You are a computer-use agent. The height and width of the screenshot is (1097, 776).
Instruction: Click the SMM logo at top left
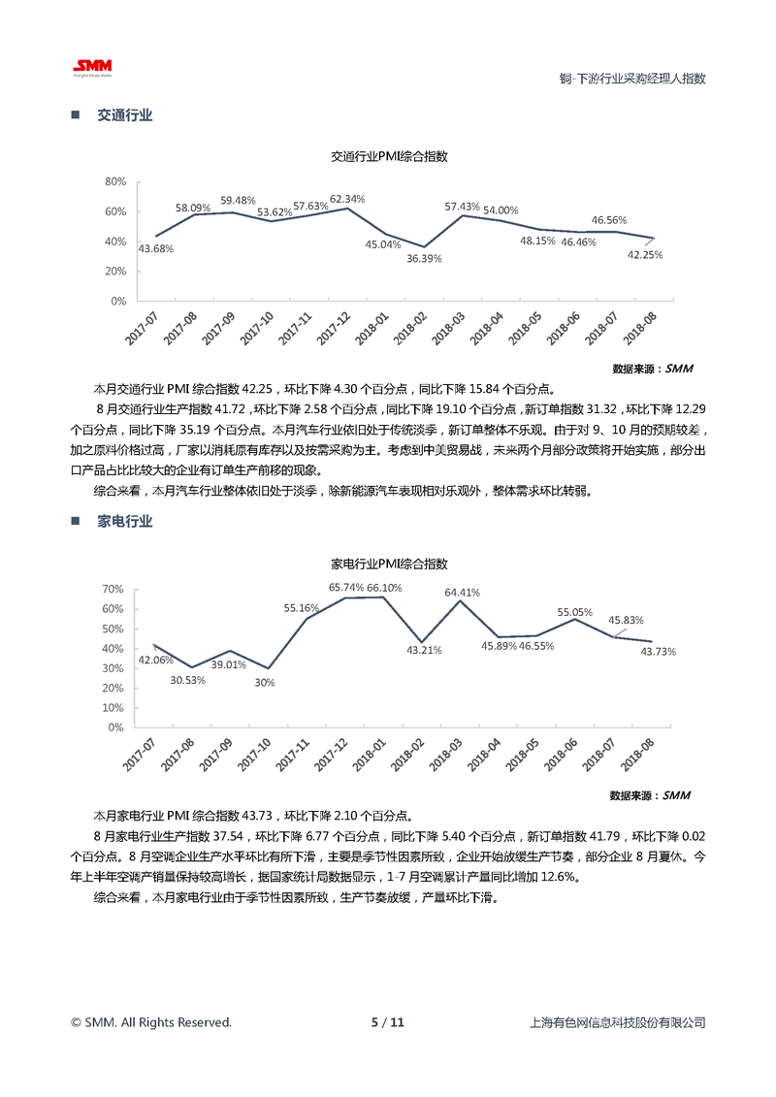(93, 66)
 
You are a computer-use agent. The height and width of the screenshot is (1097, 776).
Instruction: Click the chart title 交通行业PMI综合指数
(389, 155)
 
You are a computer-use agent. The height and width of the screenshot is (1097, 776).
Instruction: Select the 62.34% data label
(347, 199)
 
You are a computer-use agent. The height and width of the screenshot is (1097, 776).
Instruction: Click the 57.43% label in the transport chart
(463, 207)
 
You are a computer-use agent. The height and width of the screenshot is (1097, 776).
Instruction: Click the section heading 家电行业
(125, 521)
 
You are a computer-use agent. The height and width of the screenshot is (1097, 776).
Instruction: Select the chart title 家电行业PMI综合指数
(389, 563)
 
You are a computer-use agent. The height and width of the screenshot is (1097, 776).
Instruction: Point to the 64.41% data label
(463, 592)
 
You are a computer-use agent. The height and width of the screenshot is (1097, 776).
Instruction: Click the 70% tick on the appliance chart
(113, 589)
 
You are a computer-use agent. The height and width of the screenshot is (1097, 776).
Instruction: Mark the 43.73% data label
(658, 652)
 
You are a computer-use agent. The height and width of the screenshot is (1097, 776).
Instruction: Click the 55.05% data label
(574, 612)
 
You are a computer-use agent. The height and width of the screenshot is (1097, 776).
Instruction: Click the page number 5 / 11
(387, 1022)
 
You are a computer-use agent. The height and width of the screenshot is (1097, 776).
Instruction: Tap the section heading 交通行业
(125, 115)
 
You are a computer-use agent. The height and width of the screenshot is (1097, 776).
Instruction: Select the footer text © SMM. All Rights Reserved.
(151, 1022)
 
